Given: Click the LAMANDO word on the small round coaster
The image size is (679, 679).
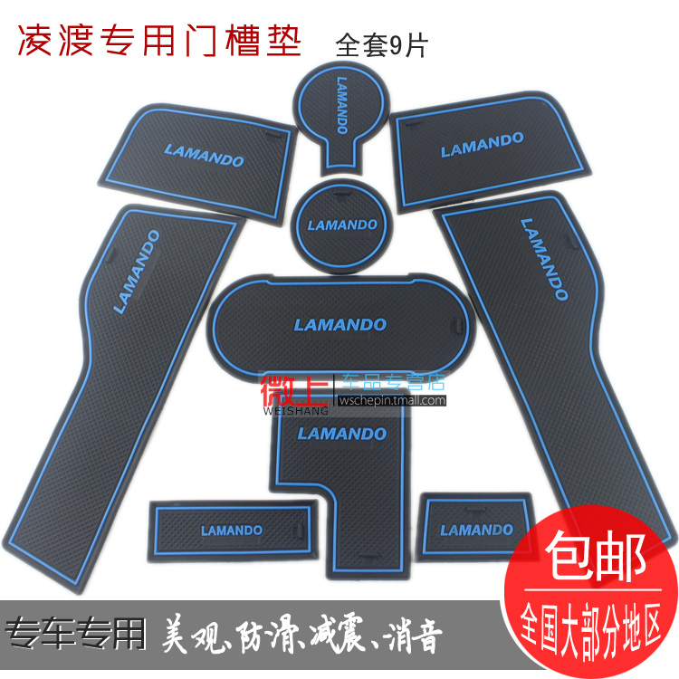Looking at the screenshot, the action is coord(341,224).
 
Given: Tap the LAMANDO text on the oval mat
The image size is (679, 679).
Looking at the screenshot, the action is coord(340,324).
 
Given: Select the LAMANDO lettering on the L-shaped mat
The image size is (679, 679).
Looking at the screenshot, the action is coord(341,434).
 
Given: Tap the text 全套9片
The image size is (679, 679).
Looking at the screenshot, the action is coord(387,43).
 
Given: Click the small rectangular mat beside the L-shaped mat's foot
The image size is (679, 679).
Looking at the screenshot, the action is coord(232,531).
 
